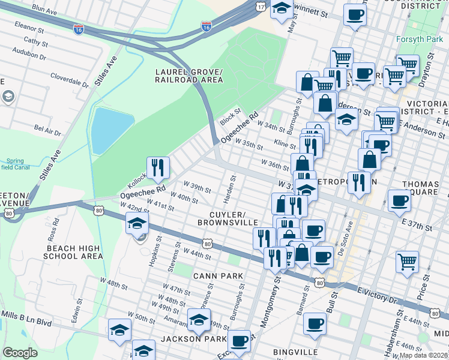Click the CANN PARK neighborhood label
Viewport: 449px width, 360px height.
218,276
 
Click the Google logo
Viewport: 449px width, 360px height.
20,353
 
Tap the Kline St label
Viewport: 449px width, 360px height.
285,145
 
